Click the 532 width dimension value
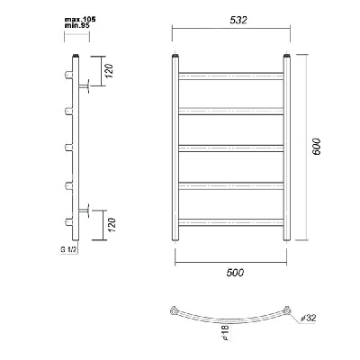coord(238,20)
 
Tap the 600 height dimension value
coord(316,147)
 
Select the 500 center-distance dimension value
coord(235,273)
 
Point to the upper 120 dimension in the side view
coord(110,71)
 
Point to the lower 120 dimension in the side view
coord(112,225)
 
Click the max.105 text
coord(80,20)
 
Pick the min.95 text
coord(77,25)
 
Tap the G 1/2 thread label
coord(67,249)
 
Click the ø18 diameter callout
coord(227,332)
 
